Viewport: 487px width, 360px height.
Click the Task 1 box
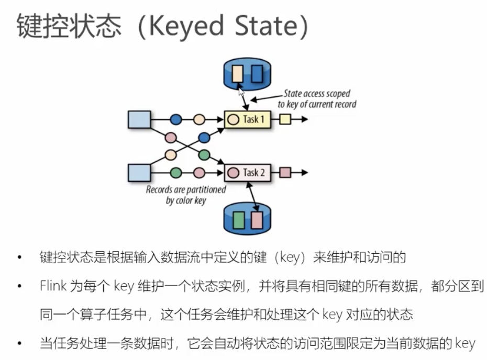tap(247, 119)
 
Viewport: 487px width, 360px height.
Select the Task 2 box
tap(247, 172)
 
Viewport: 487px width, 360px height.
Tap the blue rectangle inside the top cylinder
tap(257, 73)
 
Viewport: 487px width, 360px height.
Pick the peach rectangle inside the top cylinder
tap(237, 73)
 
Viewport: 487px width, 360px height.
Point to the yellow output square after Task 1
tap(285, 119)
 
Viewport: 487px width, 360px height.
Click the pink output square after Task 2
tap(285, 172)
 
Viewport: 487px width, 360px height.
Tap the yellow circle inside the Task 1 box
tap(234, 120)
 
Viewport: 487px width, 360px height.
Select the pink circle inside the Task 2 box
tap(234, 172)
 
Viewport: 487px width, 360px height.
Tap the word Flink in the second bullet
tap(53, 286)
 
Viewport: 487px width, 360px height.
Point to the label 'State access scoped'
tap(317, 94)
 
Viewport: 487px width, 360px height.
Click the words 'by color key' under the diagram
tap(186, 200)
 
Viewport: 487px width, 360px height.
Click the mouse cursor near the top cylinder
tap(241, 93)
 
